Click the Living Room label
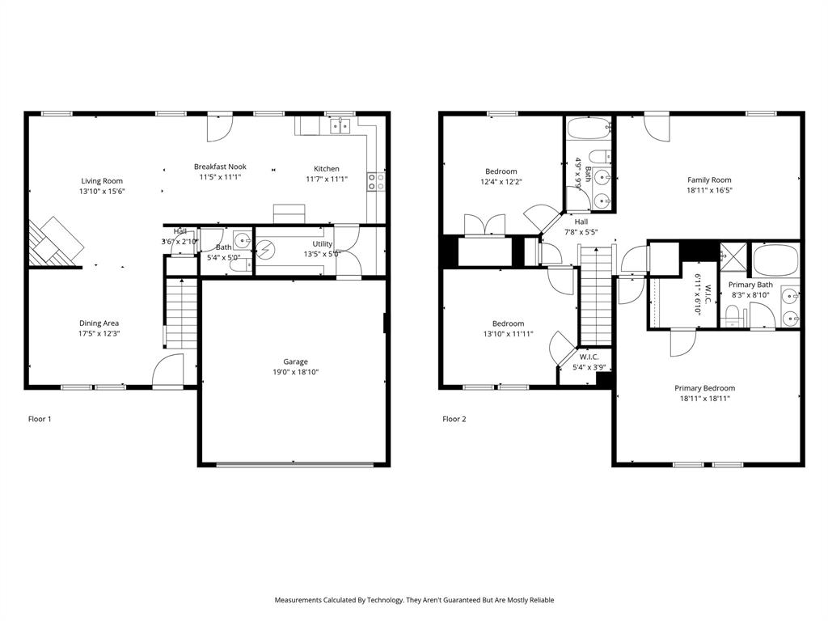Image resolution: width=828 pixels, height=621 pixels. (102, 180)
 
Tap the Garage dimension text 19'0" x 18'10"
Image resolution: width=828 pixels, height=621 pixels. (295, 372)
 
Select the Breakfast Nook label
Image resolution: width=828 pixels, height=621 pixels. (220, 167)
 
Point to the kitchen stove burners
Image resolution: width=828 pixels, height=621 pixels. (376, 182)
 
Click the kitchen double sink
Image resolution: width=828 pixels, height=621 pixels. (340, 125)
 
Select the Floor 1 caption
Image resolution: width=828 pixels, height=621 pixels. (40, 419)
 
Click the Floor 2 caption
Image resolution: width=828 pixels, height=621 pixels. (454, 419)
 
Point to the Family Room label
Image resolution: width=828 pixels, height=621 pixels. (709, 180)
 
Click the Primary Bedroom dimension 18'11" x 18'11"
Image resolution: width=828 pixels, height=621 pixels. (704, 398)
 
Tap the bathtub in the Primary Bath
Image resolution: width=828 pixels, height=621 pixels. (775, 260)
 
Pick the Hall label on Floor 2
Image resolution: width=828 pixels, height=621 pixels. (581, 222)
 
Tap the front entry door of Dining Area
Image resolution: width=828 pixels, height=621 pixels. (168, 372)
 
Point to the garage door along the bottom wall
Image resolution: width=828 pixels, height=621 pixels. (295, 464)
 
